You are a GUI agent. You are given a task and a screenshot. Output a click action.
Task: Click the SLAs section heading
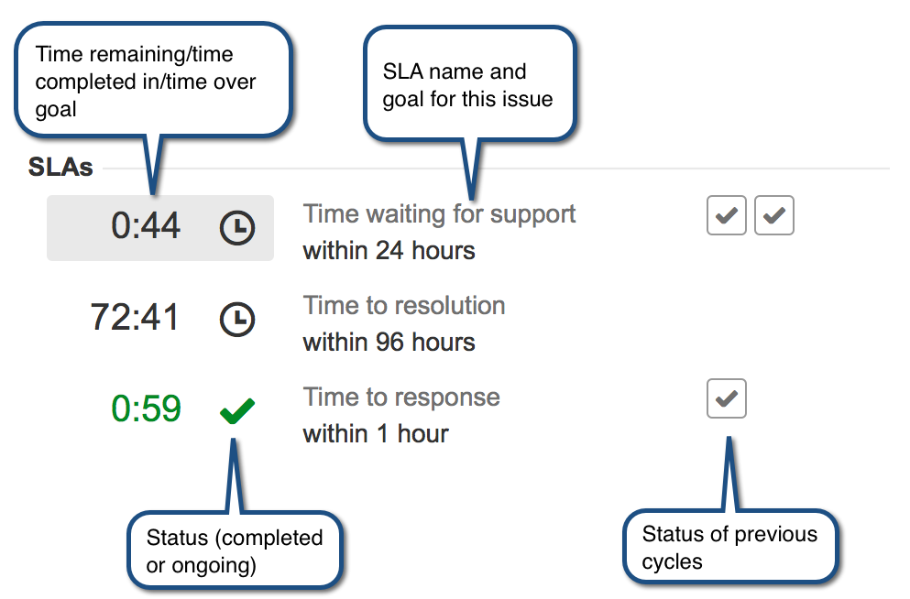(x=60, y=167)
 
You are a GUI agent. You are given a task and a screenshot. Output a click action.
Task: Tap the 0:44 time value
(x=146, y=225)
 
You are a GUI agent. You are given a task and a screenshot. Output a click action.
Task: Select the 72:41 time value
(x=135, y=317)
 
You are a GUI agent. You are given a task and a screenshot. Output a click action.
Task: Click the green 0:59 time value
(x=146, y=408)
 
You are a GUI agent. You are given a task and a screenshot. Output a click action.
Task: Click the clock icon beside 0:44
(x=236, y=227)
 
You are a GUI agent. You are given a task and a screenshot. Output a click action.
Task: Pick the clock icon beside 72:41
(x=236, y=319)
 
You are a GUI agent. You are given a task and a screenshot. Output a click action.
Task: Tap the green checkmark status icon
(x=236, y=410)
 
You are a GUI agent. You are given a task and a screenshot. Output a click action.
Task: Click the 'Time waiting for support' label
(x=439, y=214)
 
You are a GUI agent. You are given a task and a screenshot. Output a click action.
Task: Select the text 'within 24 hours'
(x=389, y=251)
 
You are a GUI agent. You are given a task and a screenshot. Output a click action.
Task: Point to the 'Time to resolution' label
(x=404, y=306)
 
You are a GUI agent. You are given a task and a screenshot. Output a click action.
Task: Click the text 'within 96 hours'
(x=389, y=343)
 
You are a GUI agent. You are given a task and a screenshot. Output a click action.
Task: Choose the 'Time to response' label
(x=401, y=398)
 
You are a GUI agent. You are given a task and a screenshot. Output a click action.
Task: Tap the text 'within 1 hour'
(x=376, y=434)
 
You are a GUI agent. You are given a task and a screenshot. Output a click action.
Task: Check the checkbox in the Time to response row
(x=727, y=398)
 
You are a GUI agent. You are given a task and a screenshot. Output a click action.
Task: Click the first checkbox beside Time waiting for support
(x=727, y=216)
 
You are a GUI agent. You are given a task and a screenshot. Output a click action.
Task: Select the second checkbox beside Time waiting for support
(x=774, y=216)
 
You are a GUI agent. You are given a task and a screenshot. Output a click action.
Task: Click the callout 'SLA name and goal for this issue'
(x=469, y=84)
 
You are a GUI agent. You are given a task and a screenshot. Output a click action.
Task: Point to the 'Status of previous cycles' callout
(x=730, y=547)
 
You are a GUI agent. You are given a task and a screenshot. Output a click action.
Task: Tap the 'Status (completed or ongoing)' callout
(x=235, y=550)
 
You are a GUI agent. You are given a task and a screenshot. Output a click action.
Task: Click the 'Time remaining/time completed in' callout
(x=153, y=81)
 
